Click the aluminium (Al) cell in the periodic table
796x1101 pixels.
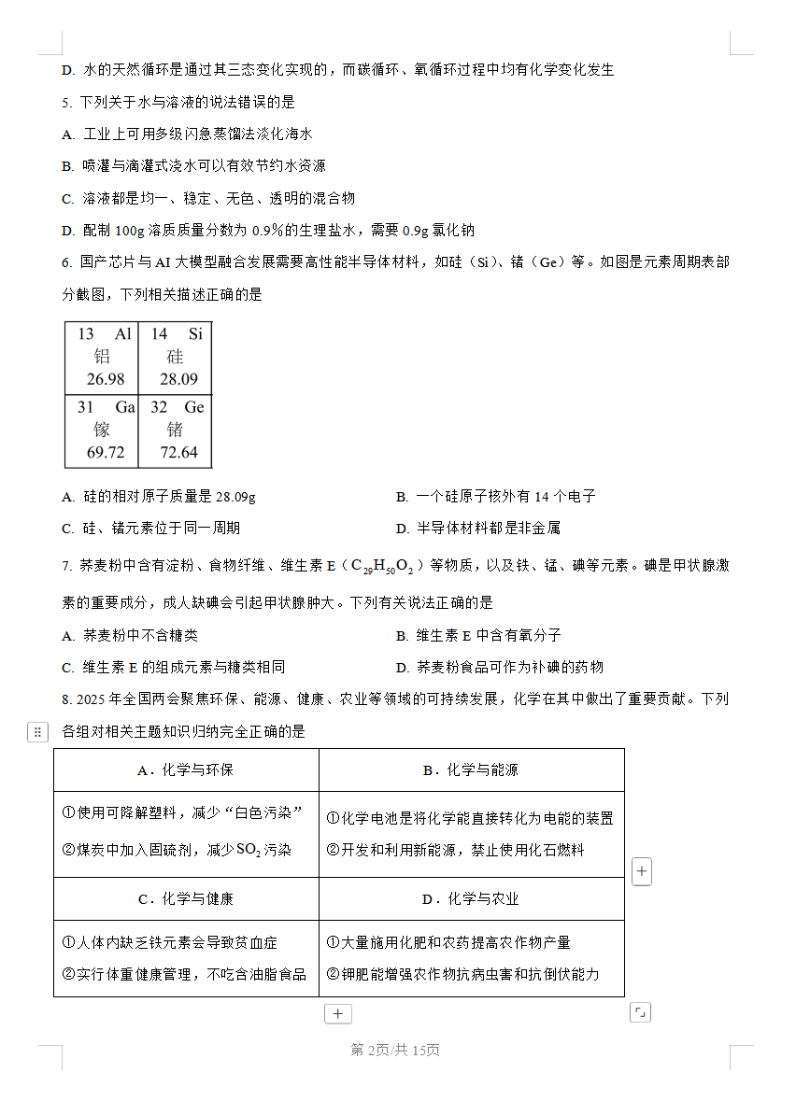[102, 357]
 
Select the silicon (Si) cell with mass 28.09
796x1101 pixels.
[176, 357]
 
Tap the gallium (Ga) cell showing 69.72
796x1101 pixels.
[102, 430]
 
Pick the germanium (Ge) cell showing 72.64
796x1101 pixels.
[176, 430]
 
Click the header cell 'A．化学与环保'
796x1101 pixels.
[186, 770]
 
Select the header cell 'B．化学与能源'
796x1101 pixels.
[471, 770]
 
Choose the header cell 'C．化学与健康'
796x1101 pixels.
[186, 899]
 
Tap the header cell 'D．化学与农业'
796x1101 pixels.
[471, 899]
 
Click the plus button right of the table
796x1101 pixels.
[642, 872]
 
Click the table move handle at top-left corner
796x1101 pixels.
[37, 732]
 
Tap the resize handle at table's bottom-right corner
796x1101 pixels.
[640, 1012]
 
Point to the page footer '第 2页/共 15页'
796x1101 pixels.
[395, 1051]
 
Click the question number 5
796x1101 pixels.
[65, 103]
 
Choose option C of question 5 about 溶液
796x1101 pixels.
[208, 199]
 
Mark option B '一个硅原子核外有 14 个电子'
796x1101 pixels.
[495, 497]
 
